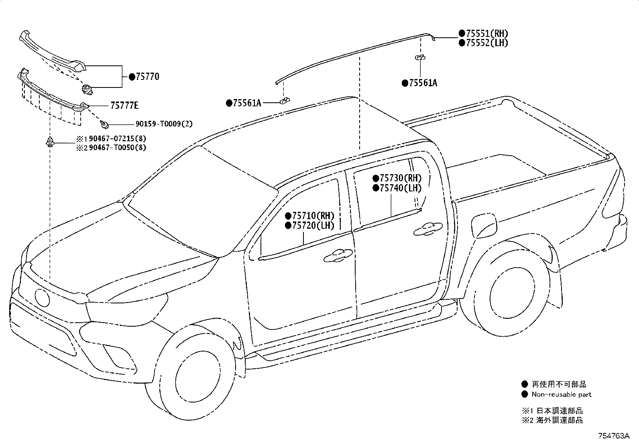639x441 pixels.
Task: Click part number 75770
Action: click(x=147, y=77)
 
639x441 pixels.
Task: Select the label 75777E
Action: click(x=124, y=106)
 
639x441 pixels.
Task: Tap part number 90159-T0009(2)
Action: click(x=164, y=124)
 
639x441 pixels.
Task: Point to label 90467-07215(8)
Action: click(x=118, y=138)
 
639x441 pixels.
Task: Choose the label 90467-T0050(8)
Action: click(x=118, y=148)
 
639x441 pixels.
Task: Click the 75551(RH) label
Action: click(x=487, y=33)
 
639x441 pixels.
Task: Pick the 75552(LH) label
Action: click(x=487, y=43)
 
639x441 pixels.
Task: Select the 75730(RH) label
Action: click(x=401, y=178)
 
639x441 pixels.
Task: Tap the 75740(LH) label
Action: click(x=401, y=188)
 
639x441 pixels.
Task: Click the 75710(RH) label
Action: click(x=313, y=215)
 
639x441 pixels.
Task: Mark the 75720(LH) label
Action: click(x=313, y=226)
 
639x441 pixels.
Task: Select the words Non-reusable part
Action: click(x=562, y=394)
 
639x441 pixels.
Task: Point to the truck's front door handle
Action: click(x=338, y=256)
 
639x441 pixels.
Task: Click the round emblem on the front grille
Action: click(x=42, y=297)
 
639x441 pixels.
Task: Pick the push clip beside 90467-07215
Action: click(x=50, y=142)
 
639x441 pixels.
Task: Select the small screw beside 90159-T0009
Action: click(x=104, y=124)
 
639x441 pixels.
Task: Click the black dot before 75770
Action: click(x=132, y=77)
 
